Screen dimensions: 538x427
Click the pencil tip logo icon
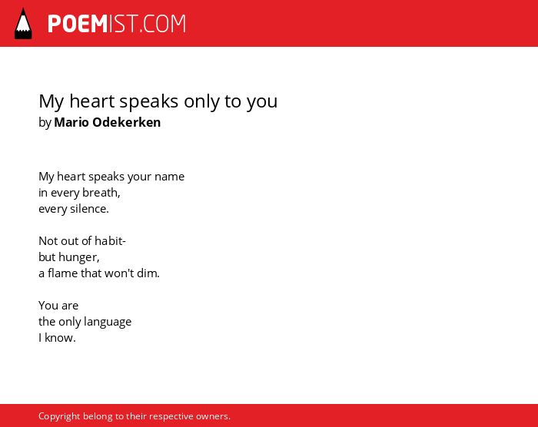tap(23, 23)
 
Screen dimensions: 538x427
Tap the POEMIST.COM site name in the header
tap(117, 24)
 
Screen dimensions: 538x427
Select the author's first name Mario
tap(71, 122)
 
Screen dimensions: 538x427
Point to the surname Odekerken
tap(127, 122)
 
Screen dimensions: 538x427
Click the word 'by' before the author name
tap(45, 123)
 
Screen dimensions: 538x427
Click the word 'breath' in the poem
tap(100, 193)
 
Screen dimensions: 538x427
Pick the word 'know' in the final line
tap(59, 337)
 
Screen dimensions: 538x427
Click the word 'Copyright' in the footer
tap(59, 416)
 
